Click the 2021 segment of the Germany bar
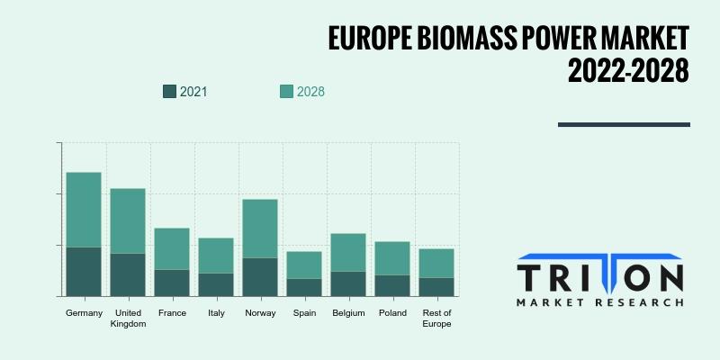pyautogui.click(x=84, y=272)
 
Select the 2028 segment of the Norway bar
pyautogui.click(x=260, y=229)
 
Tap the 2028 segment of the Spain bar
pyautogui.click(x=304, y=265)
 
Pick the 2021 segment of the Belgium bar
pyautogui.click(x=348, y=284)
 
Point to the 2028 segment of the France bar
pyautogui.click(x=172, y=249)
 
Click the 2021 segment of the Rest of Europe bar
pyautogui.click(x=436, y=287)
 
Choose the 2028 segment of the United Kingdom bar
pyautogui.click(x=128, y=221)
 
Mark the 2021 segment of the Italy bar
pyautogui.click(x=216, y=285)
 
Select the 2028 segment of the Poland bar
pyautogui.click(x=392, y=258)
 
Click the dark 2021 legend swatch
pyautogui.click(x=169, y=92)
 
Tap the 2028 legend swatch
pyautogui.click(x=286, y=92)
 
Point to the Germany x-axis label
pyautogui.click(x=84, y=313)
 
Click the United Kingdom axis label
pyautogui.click(x=128, y=319)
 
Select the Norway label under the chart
pyautogui.click(x=260, y=313)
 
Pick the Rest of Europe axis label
pyautogui.click(x=436, y=319)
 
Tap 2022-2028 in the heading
pyautogui.click(x=628, y=71)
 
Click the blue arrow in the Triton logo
pyautogui.click(x=598, y=272)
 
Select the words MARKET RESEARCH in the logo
pyautogui.click(x=599, y=302)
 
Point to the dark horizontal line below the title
pyautogui.click(x=624, y=124)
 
